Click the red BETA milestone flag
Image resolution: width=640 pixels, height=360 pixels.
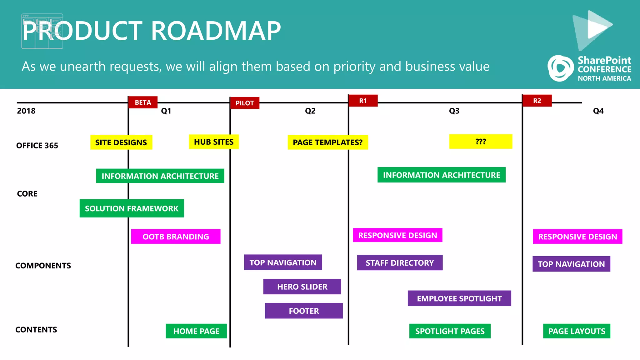click(x=143, y=102)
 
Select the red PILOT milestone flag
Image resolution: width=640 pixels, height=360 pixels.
click(x=245, y=103)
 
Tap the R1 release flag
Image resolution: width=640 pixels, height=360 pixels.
click(x=363, y=101)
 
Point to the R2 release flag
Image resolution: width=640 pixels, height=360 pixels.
click(x=537, y=101)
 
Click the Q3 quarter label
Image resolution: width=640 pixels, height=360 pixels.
click(x=454, y=111)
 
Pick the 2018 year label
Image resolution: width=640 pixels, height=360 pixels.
click(x=26, y=111)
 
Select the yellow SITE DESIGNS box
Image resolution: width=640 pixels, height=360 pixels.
click(x=121, y=142)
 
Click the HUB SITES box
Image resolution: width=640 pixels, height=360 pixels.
click(x=214, y=142)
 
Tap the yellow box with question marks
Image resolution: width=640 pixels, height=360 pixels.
click(x=481, y=142)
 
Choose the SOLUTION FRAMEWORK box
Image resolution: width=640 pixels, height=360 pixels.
click(x=132, y=208)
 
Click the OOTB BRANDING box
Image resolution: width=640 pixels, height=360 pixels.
click(x=176, y=237)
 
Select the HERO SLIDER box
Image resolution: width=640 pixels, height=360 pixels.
click(x=302, y=287)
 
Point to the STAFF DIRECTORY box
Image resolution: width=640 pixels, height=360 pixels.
click(x=400, y=263)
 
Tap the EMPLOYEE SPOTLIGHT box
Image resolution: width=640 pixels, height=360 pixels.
click(x=459, y=298)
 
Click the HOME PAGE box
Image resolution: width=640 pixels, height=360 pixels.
click(x=196, y=331)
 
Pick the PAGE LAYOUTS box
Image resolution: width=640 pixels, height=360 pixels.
click(x=577, y=331)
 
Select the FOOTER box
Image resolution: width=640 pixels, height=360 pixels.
click(x=304, y=311)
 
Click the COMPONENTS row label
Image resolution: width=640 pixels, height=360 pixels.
click(x=43, y=266)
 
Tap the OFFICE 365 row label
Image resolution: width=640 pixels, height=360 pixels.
click(x=37, y=146)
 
